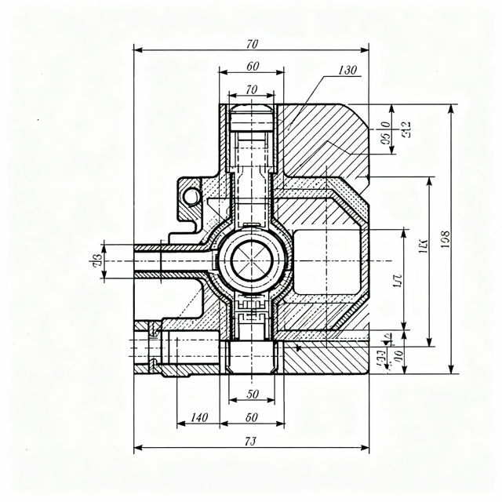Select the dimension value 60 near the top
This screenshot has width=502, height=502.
(x=252, y=66)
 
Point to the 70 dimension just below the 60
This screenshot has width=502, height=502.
(x=252, y=90)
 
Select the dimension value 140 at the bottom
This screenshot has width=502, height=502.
(x=198, y=417)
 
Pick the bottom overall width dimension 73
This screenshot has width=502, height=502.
(x=251, y=442)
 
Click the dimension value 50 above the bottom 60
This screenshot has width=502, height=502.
(x=252, y=394)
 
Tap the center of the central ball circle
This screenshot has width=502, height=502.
(x=251, y=260)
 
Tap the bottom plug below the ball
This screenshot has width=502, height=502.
(x=251, y=357)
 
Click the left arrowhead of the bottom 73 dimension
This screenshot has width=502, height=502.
(x=136, y=449)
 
